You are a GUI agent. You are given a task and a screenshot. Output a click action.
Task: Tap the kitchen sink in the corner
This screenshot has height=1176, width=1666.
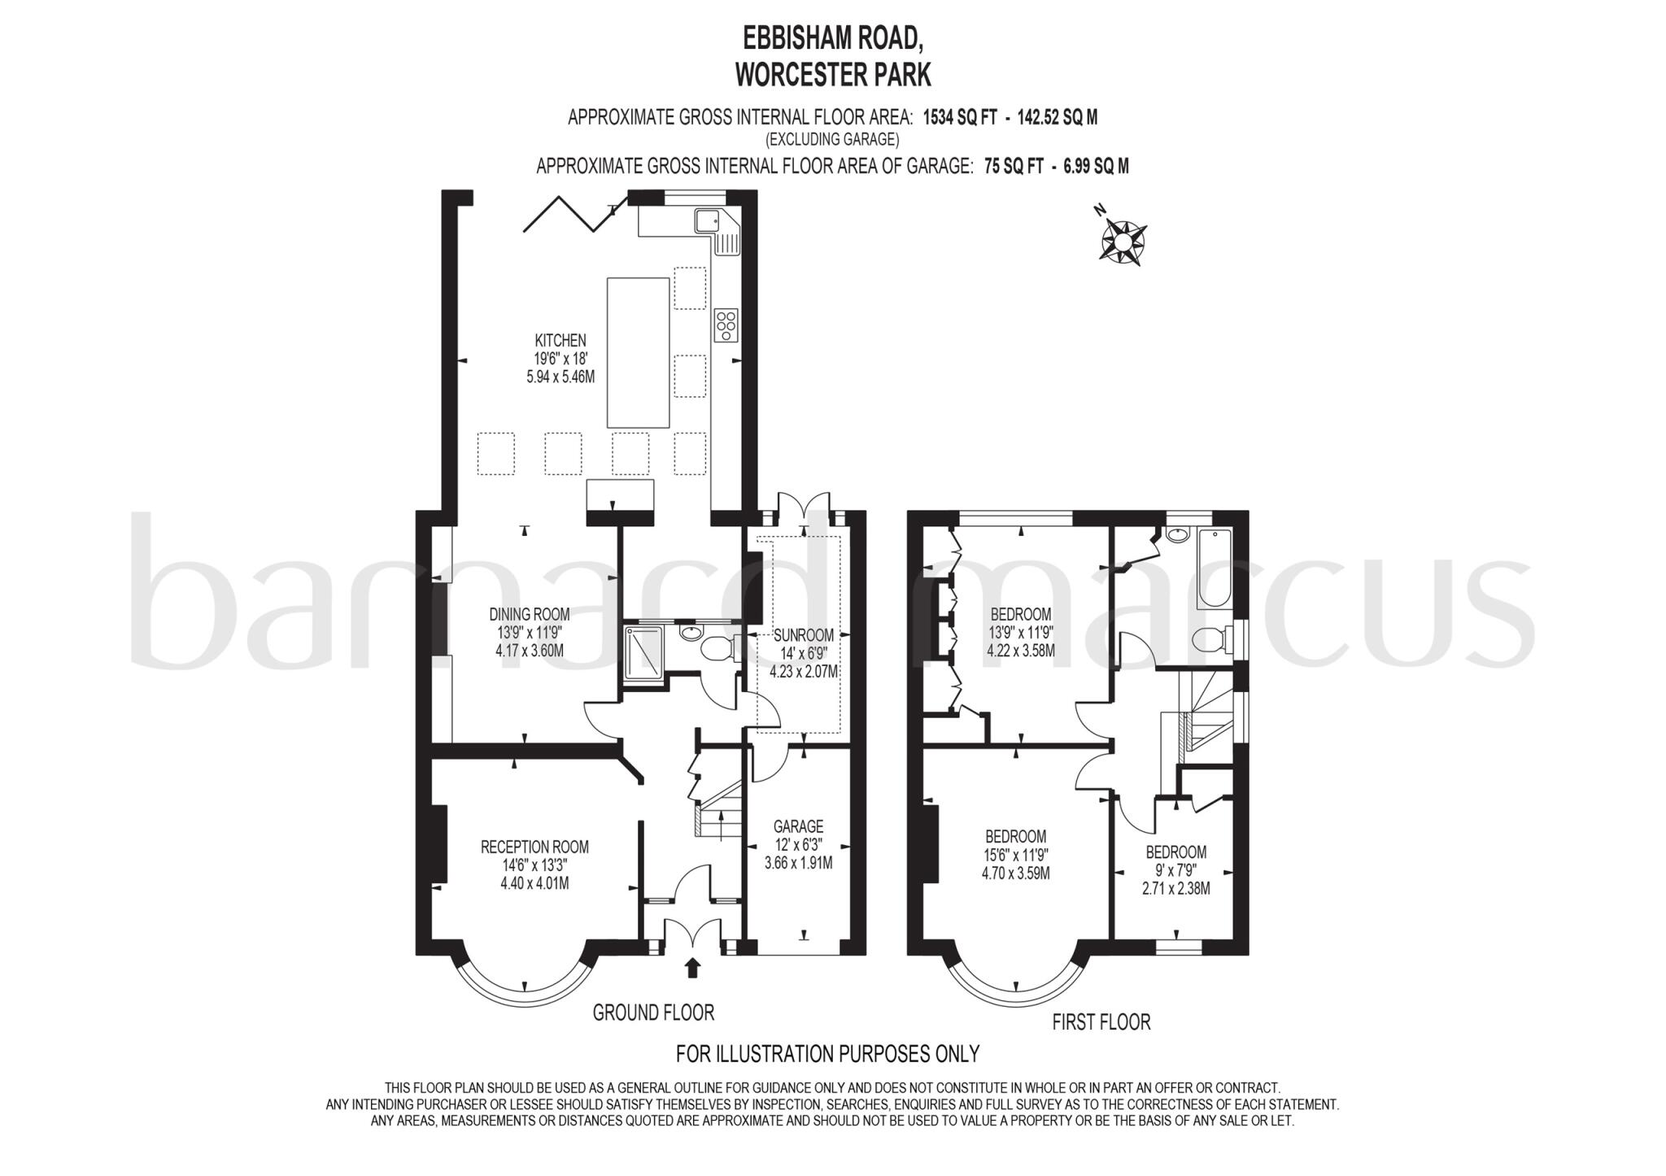(x=705, y=220)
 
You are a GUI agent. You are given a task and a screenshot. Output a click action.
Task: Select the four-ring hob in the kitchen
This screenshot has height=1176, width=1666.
(x=726, y=325)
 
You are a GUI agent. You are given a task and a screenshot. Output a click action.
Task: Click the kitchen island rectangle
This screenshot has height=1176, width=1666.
(x=639, y=352)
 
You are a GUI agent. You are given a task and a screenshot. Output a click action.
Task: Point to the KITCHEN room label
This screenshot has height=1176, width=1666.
(x=560, y=341)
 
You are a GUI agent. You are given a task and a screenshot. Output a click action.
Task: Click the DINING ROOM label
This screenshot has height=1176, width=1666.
(x=530, y=614)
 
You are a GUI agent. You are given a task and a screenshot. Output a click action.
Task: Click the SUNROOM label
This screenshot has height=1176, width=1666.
(x=804, y=635)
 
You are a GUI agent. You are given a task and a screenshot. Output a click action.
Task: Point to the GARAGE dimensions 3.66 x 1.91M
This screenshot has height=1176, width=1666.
(x=798, y=863)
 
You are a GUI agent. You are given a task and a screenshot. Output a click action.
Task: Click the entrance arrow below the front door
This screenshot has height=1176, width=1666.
(x=693, y=967)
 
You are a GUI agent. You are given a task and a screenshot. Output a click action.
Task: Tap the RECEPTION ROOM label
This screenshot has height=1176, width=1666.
(x=534, y=847)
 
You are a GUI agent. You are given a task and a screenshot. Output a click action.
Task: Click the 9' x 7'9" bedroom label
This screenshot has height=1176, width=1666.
(x=1175, y=852)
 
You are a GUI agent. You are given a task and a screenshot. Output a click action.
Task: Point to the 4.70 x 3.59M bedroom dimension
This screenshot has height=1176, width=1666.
(x=1016, y=873)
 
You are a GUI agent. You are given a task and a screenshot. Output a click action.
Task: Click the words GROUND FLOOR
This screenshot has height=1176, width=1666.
(x=653, y=1013)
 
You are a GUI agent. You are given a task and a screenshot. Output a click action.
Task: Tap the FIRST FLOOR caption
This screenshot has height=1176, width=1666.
(x=1101, y=1022)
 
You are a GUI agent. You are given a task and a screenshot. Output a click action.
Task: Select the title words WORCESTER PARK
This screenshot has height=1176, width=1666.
(x=833, y=76)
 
